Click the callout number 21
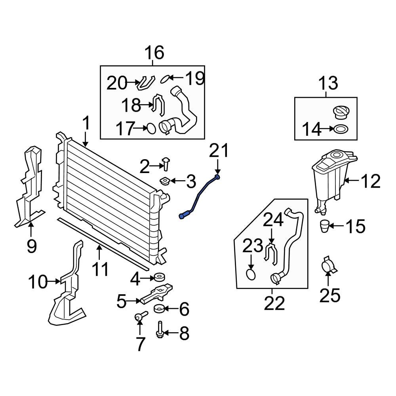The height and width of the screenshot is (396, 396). point(219,151)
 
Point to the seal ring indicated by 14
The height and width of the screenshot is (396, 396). point(341,129)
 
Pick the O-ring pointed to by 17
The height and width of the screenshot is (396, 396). point(151,129)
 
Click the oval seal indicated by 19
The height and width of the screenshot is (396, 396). point(165,78)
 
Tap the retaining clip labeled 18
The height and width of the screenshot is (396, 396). point(159,105)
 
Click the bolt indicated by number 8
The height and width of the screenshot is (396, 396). point(160,330)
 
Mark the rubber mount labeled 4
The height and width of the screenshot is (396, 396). point(159,277)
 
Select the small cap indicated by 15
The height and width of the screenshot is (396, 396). point(324,226)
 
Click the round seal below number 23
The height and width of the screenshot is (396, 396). point(251,274)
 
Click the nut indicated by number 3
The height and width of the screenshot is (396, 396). point(165,181)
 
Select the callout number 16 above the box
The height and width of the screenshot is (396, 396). point(154,53)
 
